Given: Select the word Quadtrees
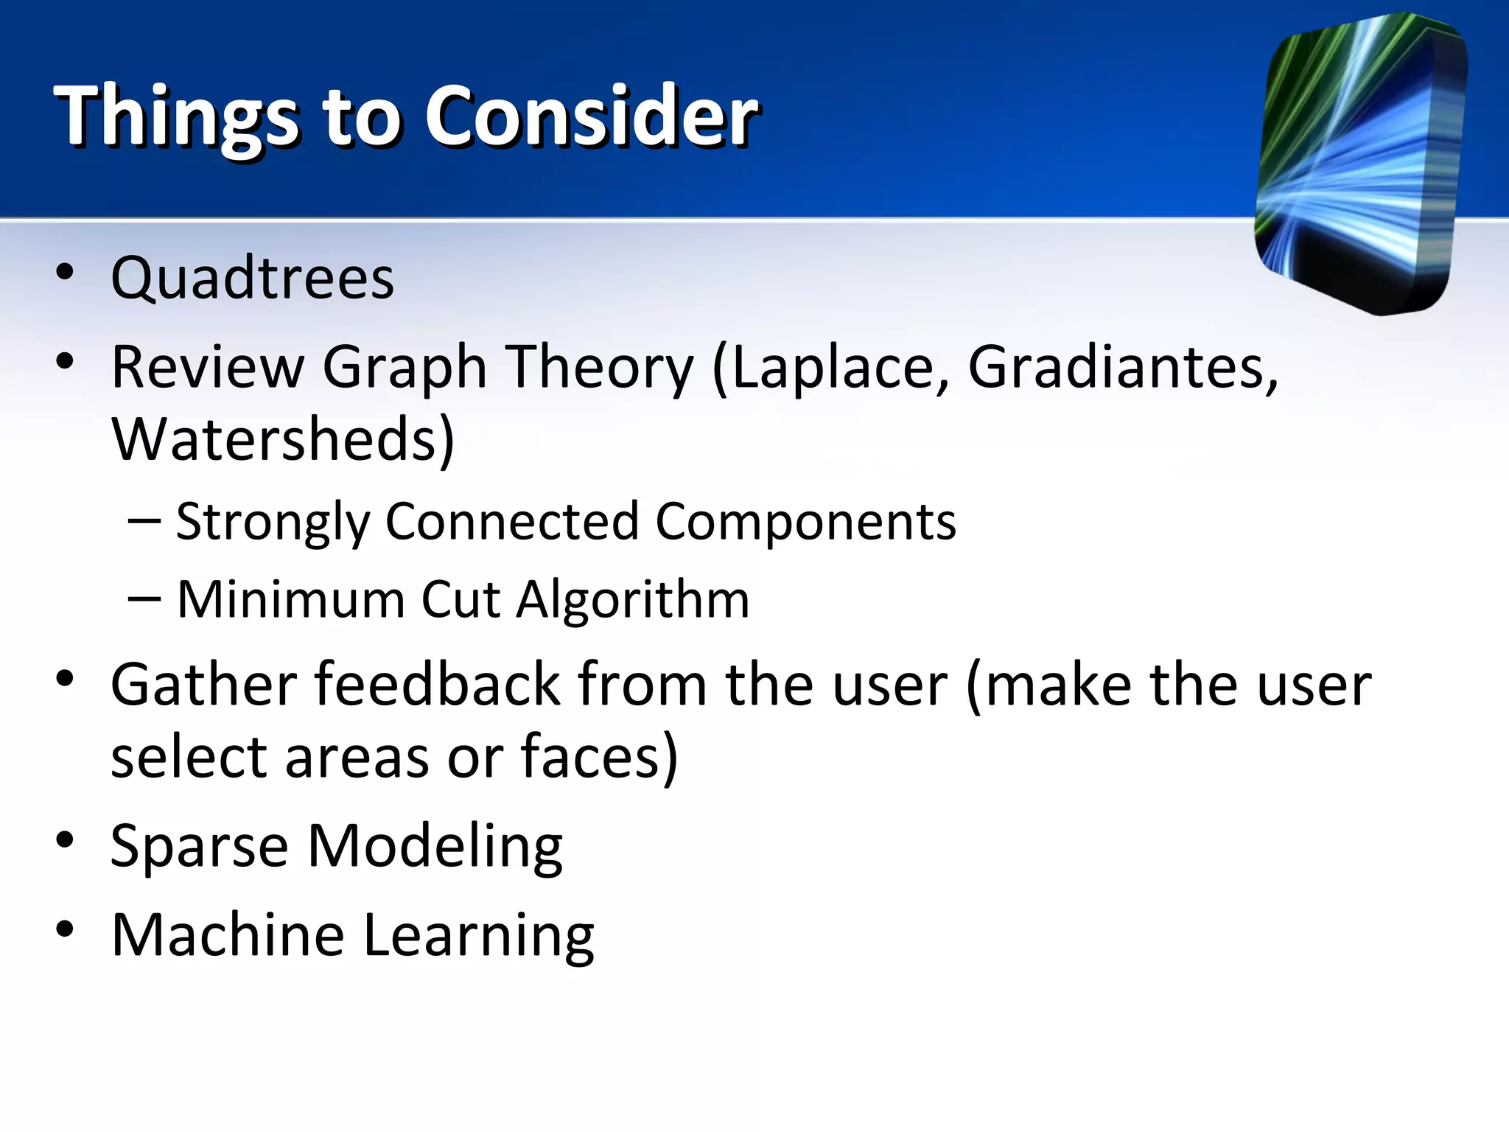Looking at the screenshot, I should pos(253,279).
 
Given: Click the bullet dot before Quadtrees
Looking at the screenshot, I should pos(65,272).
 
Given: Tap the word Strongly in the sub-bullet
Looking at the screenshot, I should pos(273,522).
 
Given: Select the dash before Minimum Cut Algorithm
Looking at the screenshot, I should pos(144,598).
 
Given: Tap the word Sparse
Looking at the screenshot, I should pos(199,846).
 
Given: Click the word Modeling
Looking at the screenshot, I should pos(435,846).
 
